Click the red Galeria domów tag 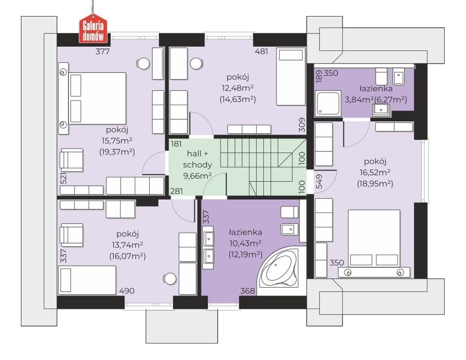93,29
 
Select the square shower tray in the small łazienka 328,103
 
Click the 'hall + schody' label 198,159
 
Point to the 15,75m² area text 117,140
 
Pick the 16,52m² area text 375,172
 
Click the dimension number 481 261,51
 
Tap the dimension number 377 103,51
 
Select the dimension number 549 319,181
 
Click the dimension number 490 127,291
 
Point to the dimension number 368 247,291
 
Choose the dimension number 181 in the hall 176,144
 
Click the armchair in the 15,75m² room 71,160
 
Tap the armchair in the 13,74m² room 71,235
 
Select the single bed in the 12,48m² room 291,77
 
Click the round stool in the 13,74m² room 170,278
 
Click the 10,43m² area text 245,243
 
